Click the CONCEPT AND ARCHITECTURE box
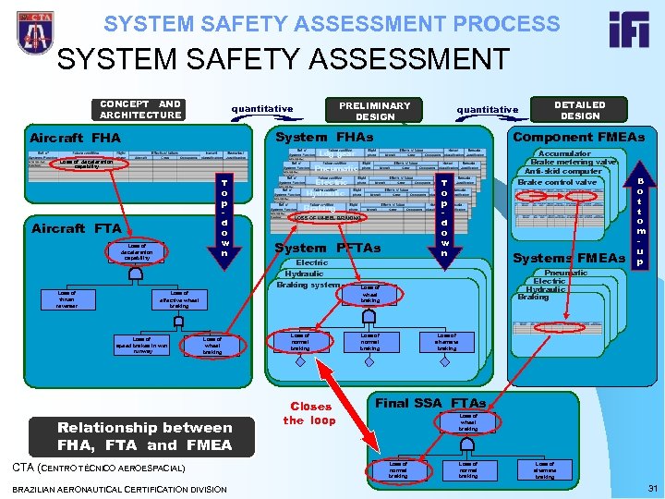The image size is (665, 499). (140, 110)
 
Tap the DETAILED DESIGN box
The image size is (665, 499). (580, 110)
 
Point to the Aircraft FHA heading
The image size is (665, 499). (77, 139)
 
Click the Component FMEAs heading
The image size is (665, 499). (579, 137)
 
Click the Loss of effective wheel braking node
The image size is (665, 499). (179, 299)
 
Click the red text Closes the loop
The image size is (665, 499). (310, 413)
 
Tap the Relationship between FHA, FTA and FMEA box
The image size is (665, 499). (145, 435)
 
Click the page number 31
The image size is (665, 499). (652, 488)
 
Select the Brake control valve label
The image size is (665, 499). (557, 183)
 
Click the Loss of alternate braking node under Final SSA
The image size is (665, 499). (546, 470)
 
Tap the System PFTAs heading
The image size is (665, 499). (328, 248)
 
